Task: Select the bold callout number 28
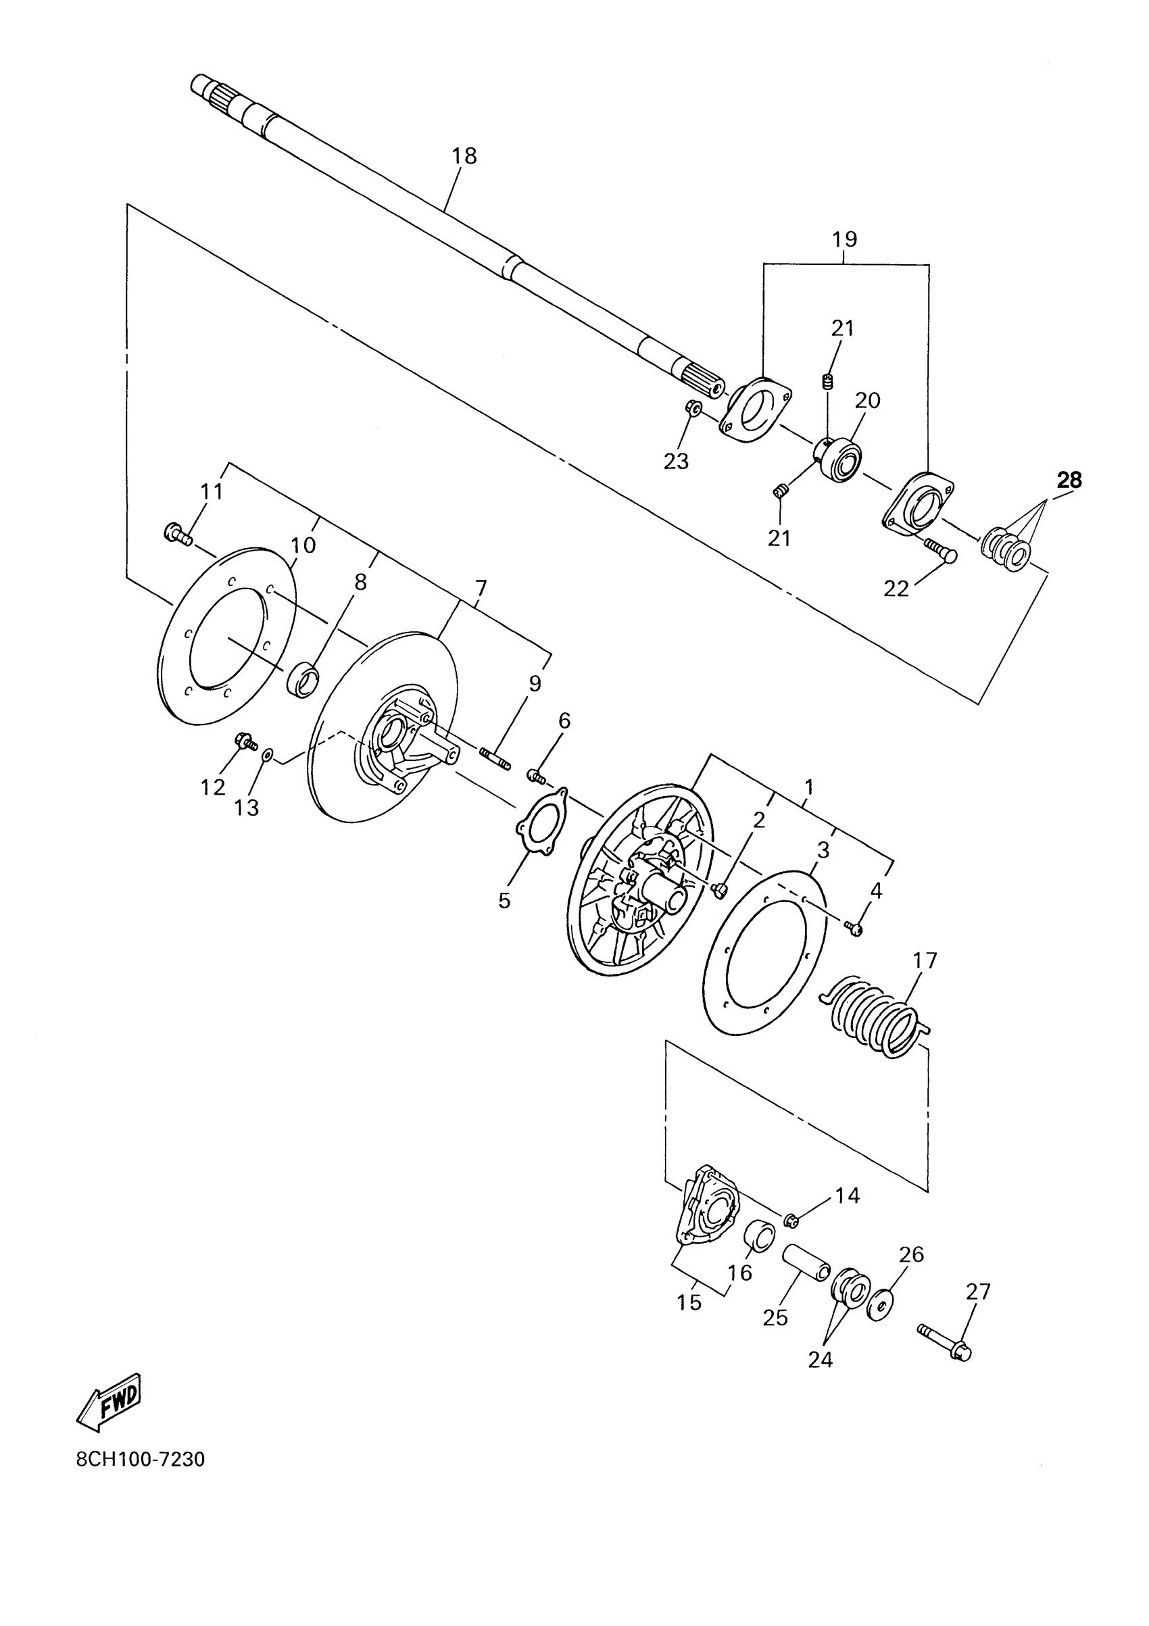coord(1069,480)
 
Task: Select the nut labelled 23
coord(694,408)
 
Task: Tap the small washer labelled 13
coord(266,756)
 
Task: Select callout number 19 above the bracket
coord(844,239)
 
